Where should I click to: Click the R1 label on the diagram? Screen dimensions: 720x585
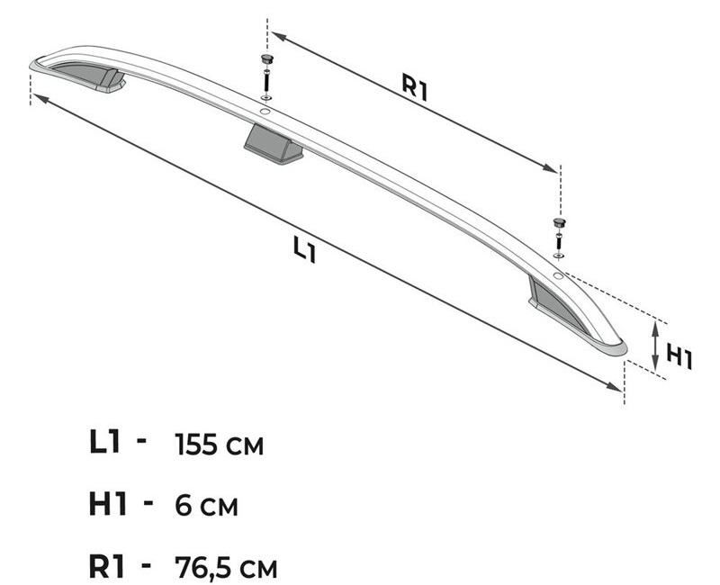click(x=415, y=86)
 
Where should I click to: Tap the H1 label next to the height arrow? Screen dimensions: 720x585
click(x=679, y=358)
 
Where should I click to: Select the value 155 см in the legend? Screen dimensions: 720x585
click(x=220, y=445)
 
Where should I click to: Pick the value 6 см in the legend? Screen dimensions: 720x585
click(x=207, y=506)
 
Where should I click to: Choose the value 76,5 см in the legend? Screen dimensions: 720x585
click(x=226, y=567)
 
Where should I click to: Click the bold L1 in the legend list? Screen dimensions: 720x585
click(x=105, y=442)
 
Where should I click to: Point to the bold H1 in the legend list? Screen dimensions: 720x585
click(x=107, y=503)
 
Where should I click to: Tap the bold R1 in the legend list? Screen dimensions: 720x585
click(x=106, y=565)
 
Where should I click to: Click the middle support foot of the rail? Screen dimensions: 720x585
click(x=274, y=144)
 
